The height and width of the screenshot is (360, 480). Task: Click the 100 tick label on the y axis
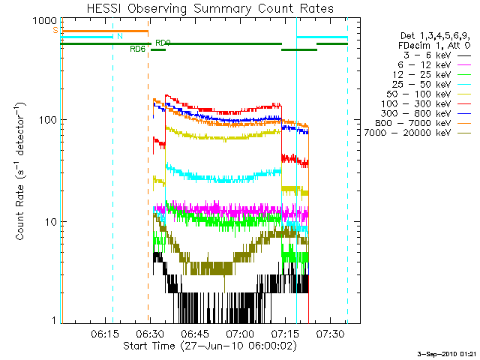[45, 121]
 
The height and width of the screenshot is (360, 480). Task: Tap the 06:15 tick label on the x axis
[104, 332]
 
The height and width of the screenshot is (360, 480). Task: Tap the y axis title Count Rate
[22, 172]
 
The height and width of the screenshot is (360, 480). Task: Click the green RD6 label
[137, 49]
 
